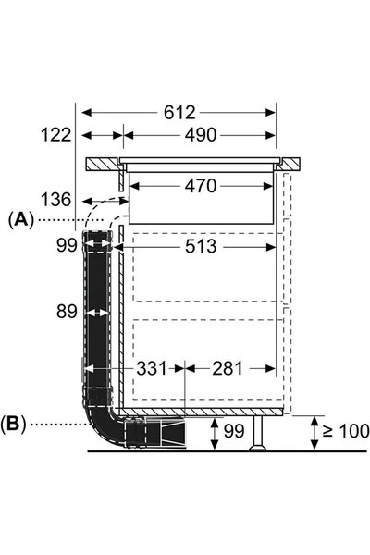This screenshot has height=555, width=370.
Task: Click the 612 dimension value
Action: click(x=179, y=113)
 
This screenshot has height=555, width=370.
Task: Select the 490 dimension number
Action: click(x=200, y=135)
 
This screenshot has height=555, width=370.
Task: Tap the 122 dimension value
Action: click(x=56, y=135)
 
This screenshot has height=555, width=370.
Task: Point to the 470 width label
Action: click(x=201, y=186)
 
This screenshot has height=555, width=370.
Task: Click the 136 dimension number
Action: click(x=56, y=200)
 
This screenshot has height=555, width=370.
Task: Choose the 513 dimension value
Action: click(x=201, y=246)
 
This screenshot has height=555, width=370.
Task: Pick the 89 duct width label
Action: click(x=67, y=312)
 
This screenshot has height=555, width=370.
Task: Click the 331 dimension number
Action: click(x=152, y=368)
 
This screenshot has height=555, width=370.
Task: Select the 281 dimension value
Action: click(x=228, y=368)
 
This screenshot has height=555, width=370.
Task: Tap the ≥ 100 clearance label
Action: click(x=346, y=431)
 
